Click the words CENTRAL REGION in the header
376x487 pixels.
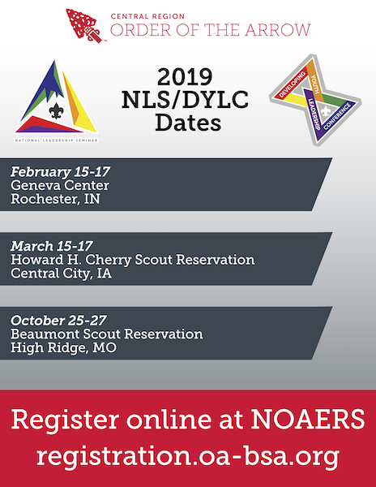(x=147, y=16)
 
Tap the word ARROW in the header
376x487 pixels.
(x=277, y=30)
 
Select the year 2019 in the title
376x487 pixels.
(x=185, y=77)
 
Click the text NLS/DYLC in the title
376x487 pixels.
(x=185, y=100)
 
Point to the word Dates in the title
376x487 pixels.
(x=188, y=122)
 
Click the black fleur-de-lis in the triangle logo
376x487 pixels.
(x=56, y=111)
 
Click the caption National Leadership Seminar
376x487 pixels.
(x=56, y=140)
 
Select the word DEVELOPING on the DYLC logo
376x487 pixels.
(x=292, y=84)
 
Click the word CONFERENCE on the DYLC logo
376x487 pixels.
(x=337, y=116)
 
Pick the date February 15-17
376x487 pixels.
(x=61, y=171)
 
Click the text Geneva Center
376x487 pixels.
(x=60, y=185)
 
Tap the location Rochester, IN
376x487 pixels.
(x=55, y=199)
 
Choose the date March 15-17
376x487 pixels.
(x=51, y=246)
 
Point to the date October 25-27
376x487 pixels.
(x=58, y=321)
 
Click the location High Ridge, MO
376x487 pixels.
(x=63, y=347)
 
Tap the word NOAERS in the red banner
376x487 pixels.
(x=308, y=419)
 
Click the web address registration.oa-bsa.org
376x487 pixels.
(x=188, y=456)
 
